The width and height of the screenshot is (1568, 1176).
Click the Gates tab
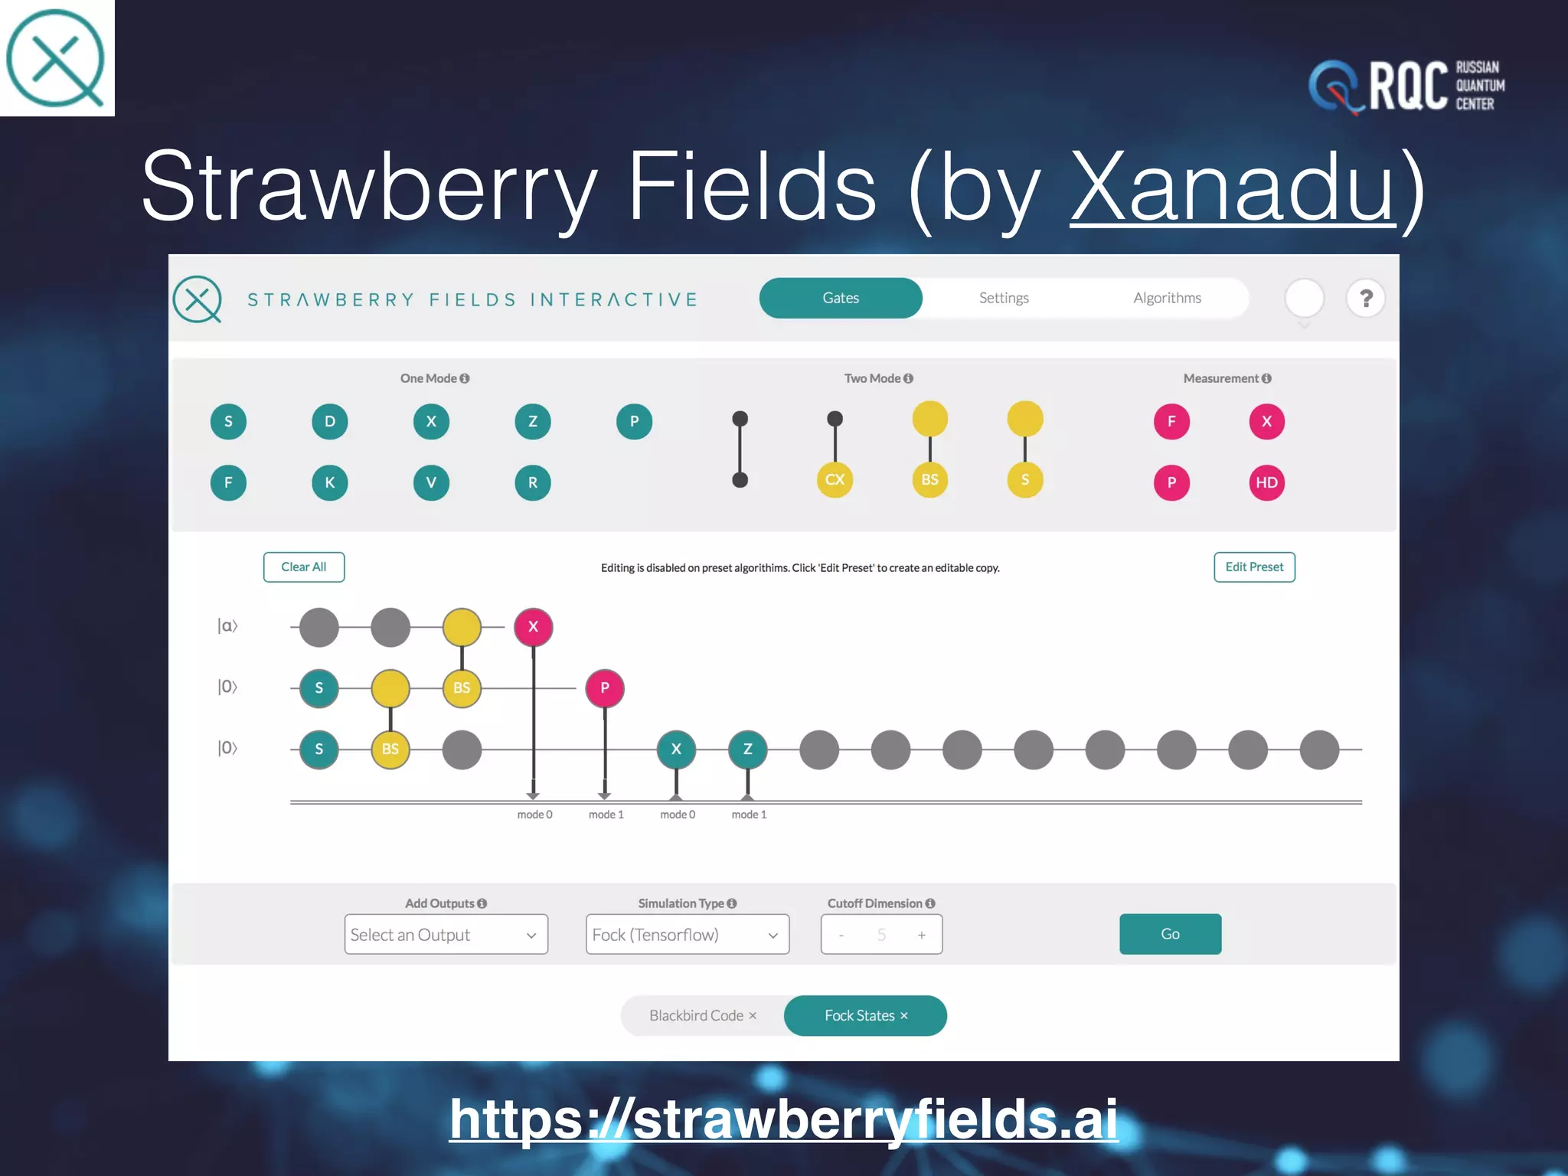pos(840,298)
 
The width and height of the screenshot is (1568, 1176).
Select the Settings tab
pos(1003,298)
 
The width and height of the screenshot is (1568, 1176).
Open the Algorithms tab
pos(1166,298)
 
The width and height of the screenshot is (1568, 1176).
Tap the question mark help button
pos(1365,298)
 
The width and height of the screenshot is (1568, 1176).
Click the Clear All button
pos(303,567)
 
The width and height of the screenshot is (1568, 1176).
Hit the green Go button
pos(1169,933)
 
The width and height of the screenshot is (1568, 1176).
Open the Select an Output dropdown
pos(446,934)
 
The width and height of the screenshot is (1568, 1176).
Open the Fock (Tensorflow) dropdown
pos(687,934)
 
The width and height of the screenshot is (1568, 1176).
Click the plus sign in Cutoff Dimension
pos(921,935)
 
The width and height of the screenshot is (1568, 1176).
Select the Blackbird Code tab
pos(702,1015)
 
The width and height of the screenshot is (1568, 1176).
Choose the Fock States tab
pos(865,1015)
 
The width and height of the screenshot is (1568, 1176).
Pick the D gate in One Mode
pos(329,421)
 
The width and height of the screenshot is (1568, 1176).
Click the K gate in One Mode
pos(329,482)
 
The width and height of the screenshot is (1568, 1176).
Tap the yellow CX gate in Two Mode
pos(835,479)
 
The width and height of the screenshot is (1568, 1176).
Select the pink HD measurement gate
pos(1266,482)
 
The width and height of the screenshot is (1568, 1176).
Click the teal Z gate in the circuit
pos(747,749)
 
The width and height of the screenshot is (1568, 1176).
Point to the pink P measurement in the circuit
pos(604,688)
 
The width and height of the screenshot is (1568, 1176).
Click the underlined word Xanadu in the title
pos(1233,187)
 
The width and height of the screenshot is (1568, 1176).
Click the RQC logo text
pos(1407,86)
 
